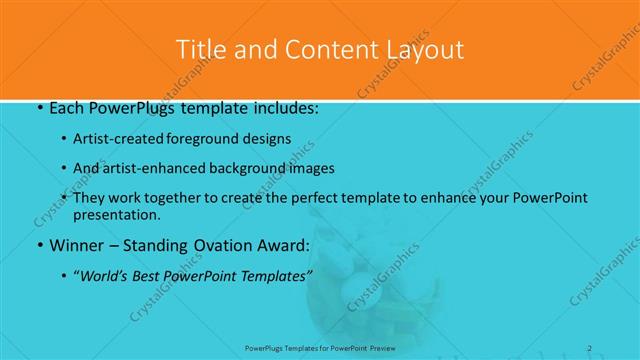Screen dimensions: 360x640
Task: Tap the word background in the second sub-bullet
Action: (x=259, y=168)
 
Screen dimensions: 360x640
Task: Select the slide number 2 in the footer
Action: (x=590, y=348)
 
